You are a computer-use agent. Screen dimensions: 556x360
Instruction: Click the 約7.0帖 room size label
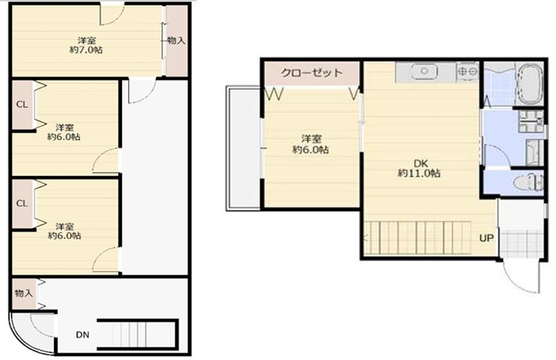click(x=86, y=50)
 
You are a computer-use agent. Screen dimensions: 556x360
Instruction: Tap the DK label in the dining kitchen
click(x=421, y=163)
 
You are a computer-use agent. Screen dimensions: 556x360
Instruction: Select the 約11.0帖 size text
click(x=420, y=174)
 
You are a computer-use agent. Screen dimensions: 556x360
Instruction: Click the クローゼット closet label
click(x=312, y=73)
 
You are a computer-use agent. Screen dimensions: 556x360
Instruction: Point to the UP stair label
click(x=487, y=238)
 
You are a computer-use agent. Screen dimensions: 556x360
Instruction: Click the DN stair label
click(x=83, y=334)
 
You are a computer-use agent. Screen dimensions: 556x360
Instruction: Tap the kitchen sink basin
click(x=424, y=71)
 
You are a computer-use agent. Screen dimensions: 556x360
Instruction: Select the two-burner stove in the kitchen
click(x=468, y=71)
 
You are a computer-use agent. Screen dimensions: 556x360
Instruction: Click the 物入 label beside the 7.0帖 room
click(x=176, y=40)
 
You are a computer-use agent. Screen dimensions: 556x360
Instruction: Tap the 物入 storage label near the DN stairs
click(x=24, y=293)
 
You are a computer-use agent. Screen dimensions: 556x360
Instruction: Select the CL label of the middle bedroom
click(x=22, y=105)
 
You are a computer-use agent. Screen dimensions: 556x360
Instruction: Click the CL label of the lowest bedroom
click(x=22, y=203)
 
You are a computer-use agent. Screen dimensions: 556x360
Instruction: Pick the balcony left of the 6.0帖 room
click(x=244, y=149)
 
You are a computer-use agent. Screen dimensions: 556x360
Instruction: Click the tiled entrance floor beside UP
click(x=521, y=244)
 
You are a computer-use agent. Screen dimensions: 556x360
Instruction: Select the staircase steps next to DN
click(x=138, y=335)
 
